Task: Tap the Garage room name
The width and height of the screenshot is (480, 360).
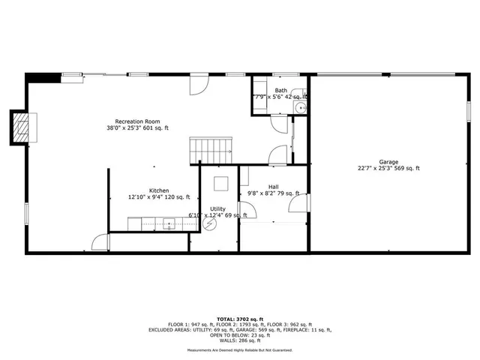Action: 388,161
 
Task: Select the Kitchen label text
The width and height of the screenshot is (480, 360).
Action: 158,190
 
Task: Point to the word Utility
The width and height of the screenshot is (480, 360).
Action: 217,208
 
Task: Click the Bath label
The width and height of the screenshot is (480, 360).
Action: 280,90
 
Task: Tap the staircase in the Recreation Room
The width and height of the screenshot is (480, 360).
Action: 211,149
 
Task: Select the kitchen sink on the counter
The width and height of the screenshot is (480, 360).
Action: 169,223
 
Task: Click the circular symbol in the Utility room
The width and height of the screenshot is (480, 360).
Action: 211,223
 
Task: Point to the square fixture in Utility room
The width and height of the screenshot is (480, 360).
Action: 221,182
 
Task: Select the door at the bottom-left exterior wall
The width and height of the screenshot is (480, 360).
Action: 100,241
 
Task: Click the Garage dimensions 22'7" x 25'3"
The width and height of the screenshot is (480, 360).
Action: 388,169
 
